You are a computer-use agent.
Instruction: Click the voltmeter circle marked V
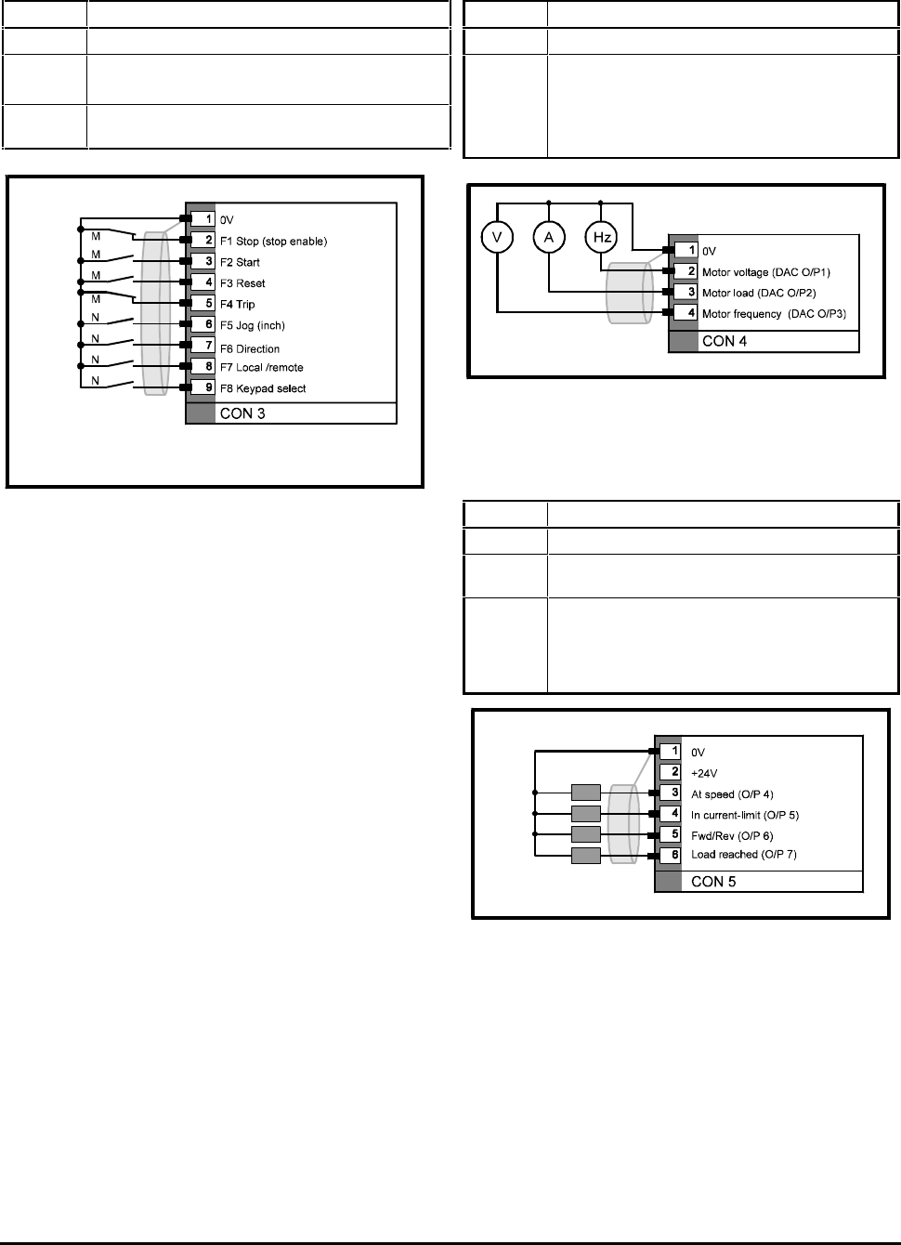coord(497,239)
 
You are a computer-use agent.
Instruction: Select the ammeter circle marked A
coord(549,239)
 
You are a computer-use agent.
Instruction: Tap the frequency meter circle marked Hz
coord(602,239)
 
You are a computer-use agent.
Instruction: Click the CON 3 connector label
coord(242,413)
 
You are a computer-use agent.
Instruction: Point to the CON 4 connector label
coord(725,341)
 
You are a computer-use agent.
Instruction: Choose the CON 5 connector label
coord(713,881)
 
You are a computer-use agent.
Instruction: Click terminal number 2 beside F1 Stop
coord(209,241)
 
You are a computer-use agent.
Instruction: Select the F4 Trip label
coord(237,305)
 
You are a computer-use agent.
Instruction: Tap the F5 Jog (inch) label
coord(252,326)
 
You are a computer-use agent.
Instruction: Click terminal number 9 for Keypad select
coord(209,388)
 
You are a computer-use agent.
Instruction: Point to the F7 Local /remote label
coord(261,368)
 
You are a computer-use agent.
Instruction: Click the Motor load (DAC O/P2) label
coord(759,294)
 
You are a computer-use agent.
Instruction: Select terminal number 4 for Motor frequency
coord(691,314)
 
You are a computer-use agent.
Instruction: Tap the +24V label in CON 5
coord(704,773)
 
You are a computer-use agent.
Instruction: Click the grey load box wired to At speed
coord(586,793)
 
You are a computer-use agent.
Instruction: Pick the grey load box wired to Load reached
coord(586,856)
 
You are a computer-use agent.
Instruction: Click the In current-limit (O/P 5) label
coord(745,815)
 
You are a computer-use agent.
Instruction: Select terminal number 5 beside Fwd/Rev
coord(675,835)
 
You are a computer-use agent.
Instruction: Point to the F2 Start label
coord(240,262)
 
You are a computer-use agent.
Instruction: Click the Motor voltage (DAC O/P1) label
coord(766,272)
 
